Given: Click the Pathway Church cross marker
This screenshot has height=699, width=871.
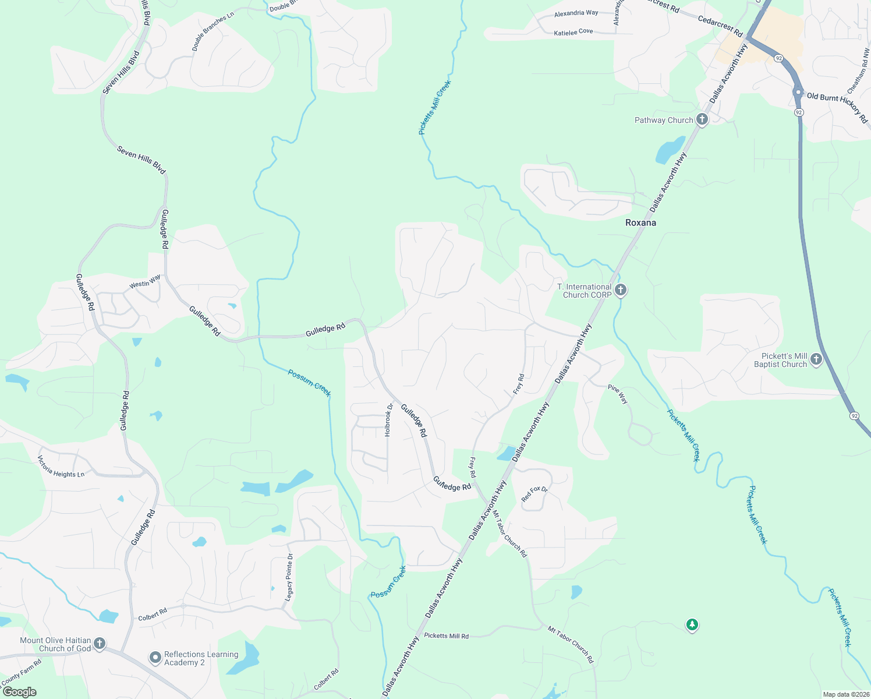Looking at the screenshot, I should (702, 120).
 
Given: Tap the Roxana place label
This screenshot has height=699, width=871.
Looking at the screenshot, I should (640, 223).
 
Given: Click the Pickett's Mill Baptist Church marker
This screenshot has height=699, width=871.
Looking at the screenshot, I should (816, 359).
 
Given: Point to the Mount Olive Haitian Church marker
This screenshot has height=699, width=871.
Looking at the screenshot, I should (100, 644).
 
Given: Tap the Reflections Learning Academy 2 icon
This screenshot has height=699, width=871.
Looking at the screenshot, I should (155, 658).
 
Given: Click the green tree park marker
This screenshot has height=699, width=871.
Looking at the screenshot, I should (692, 625).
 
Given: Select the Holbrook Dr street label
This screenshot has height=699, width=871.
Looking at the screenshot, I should (388, 419).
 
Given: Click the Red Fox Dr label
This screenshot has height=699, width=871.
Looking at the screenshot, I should (534, 494).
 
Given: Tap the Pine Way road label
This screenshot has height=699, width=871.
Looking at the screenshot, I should (618, 394).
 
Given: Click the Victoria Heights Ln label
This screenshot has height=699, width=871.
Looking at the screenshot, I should (61, 467).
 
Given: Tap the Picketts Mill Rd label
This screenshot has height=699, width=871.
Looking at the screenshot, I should (446, 636).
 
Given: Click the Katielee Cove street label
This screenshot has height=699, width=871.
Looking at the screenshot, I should (573, 32).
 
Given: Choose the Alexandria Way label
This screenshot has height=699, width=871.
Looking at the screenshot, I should (576, 13).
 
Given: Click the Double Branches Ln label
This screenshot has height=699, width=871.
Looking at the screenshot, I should (213, 30).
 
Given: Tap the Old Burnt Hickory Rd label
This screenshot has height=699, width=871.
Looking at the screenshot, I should (837, 107).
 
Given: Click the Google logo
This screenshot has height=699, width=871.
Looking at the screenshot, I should (20, 692).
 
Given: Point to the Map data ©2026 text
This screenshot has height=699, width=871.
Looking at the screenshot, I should (844, 694).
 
